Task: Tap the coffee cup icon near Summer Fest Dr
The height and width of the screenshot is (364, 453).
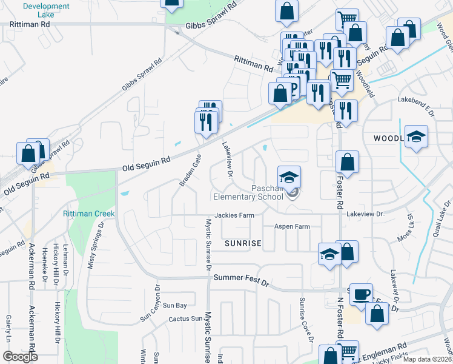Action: pyautogui.click(x=362, y=294)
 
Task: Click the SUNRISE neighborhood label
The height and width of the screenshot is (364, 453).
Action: pyautogui.click(x=242, y=243)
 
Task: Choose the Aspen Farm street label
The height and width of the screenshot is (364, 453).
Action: pyautogui.click(x=292, y=226)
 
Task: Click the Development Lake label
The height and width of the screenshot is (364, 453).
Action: pyautogui.click(x=46, y=10)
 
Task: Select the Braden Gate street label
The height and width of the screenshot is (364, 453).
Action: pyautogui.click(x=189, y=170)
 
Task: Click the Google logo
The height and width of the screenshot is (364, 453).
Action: pyautogui.click(x=20, y=357)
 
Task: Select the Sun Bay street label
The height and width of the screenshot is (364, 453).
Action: pyautogui.click(x=174, y=305)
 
